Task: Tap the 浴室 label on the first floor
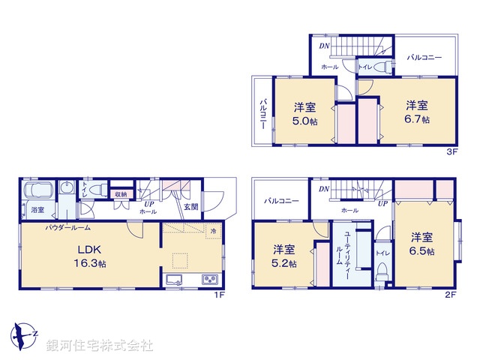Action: coord(37,209)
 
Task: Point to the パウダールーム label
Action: coord(68,226)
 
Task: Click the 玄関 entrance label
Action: coord(190,206)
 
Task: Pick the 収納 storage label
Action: coord(120,194)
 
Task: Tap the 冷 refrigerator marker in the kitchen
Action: coord(213,231)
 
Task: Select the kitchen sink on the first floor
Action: coord(175,281)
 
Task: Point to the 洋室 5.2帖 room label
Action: coord(283,256)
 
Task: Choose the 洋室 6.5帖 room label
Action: coord(421,244)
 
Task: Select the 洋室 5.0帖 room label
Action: coord(304,114)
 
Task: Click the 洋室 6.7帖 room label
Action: coord(418,112)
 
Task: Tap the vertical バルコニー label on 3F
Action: coord(264,113)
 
